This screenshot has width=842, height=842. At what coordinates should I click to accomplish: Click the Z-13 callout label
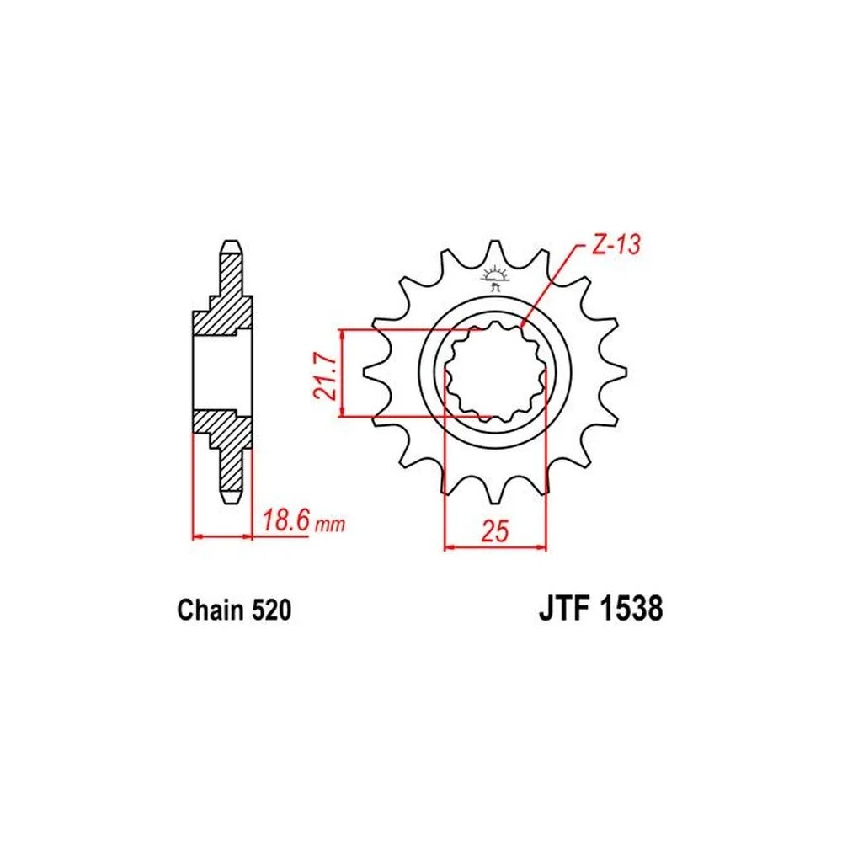[x=616, y=245]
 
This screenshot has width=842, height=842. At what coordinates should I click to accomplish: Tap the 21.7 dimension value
[x=325, y=376]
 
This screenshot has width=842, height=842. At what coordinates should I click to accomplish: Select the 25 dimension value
[x=494, y=531]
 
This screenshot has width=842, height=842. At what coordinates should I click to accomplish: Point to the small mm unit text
[x=330, y=524]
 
